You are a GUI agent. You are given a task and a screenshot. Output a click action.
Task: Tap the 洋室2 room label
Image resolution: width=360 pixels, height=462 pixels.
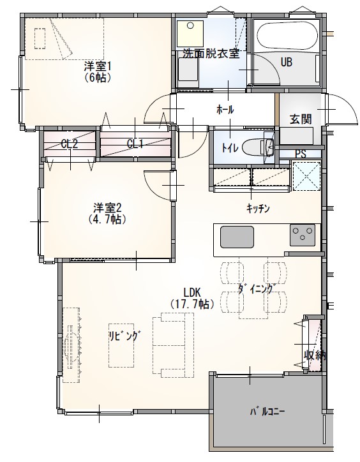point(107,207)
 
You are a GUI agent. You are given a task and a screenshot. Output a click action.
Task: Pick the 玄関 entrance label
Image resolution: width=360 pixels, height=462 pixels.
point(300,119)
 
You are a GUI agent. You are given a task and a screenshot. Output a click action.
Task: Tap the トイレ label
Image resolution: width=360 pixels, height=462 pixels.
point(230,148)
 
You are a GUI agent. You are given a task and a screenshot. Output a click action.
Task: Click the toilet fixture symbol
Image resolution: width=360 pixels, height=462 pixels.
point(262,147)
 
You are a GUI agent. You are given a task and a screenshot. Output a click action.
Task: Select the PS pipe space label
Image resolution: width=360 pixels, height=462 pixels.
point(300,154)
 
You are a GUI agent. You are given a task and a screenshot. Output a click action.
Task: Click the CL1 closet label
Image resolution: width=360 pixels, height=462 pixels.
point(135,144)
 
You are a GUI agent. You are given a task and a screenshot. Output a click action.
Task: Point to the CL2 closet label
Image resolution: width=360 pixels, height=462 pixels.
point(69,144)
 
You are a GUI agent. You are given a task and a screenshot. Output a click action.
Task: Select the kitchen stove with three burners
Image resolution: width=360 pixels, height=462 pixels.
point(303,235)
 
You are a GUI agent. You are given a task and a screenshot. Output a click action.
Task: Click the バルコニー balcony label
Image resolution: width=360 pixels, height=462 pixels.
point(267,411)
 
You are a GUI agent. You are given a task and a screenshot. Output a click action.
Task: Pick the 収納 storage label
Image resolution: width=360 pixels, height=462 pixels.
point(315,355)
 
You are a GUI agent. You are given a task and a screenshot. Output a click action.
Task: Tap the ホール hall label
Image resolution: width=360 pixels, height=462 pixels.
point(225,110)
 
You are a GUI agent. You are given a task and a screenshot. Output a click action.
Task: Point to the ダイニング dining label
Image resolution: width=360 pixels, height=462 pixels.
point(255,288)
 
